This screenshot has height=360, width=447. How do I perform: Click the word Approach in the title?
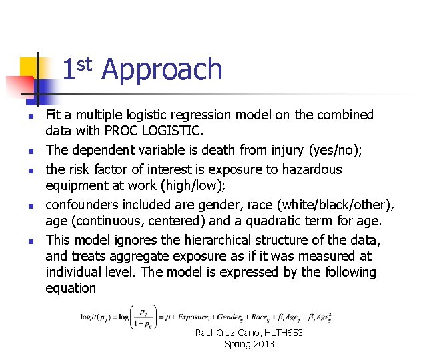pyautogui.click(x=162, y=69)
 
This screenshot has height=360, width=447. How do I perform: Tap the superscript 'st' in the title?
pyautogui.click(x=83, y=64)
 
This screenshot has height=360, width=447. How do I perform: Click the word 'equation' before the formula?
pyautogui.click(x=71, y=288)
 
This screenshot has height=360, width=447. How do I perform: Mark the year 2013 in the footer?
pyautogui.click(x=262, y=344)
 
